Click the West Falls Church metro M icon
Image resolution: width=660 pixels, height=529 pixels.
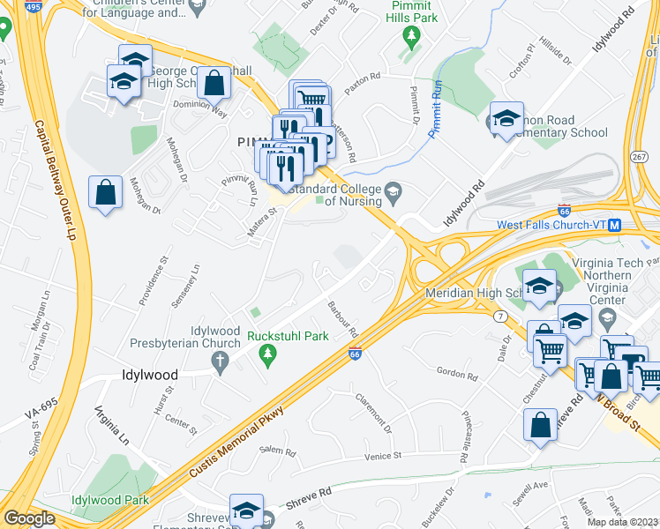point(614,225)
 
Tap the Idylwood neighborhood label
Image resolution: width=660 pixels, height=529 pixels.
point(149,375)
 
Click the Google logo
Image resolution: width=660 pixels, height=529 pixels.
point(29,518)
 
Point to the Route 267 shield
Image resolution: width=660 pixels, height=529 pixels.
point(640,156)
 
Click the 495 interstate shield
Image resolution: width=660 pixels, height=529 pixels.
point(34,6)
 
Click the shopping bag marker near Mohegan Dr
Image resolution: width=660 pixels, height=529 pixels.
point(105,190)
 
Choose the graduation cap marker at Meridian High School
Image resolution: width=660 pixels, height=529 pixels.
point(538,286)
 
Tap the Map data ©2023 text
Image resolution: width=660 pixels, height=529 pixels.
point(624,522)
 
